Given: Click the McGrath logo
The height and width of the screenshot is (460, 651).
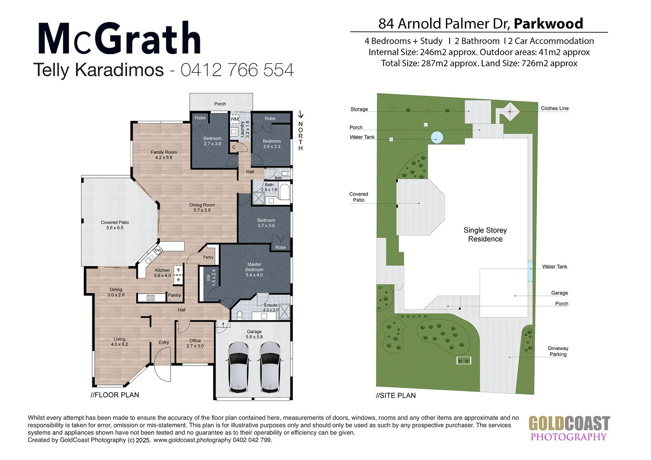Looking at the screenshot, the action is pyautogui.click(x=119, y=38).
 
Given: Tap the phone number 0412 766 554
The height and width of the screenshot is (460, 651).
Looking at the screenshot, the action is pyautogui.click(x=237, y=70).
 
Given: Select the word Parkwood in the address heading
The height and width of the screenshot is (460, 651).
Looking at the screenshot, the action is pyautogui.click(x=548, y=24).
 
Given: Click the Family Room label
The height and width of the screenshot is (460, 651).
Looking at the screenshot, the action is pyautogui.click(x=164, y=155).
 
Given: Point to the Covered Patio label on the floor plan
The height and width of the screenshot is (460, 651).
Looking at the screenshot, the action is pyautogui.click(x=115, y=225).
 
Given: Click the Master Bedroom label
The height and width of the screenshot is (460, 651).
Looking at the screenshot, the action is pyautogui.click(x=254, y=269).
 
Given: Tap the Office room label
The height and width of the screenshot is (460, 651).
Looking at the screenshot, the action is pyautogui.click(x=195, y=343).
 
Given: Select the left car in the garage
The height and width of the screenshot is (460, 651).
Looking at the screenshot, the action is pyautogui.click(x=238, y=367).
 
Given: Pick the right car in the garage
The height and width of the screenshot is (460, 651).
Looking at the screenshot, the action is pyautogui.click(x=270, y=367).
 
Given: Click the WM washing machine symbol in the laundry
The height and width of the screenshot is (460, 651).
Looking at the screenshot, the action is pyautogui.click(x=234, y=119).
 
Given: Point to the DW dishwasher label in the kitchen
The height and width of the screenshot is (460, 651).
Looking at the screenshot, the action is pyautogui.click(x=158, y=250).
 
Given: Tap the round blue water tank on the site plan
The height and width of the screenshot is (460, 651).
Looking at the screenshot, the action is pyautogui.click(x=437, y=137).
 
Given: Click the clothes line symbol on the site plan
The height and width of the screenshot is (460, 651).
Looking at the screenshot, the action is pyautogui.click(x=510, y=111).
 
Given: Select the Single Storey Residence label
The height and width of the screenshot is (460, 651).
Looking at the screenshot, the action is pyautogui.click(x=485, y=235).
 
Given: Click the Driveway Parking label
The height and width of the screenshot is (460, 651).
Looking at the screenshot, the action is pyautogui.click(x=558, y=351).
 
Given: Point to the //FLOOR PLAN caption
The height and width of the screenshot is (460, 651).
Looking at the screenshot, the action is pyautogui.click(x=115, y=395).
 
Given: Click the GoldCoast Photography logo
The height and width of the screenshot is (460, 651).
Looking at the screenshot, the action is pyautogui.click(x=569, y=428).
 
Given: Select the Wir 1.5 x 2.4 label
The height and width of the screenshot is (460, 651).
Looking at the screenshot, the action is pyautogui.click(x=211, y=277).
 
